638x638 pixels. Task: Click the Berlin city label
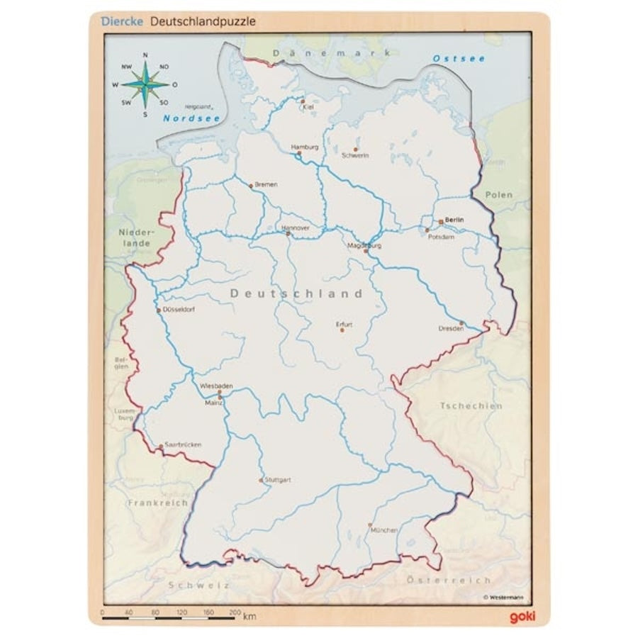[x=454, y=220]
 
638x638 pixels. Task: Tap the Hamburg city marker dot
[x=299, y=153]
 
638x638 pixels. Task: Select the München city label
[x=384, y=530]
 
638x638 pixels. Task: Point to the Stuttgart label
[x=278, y=480]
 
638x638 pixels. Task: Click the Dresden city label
[x=451, y=329]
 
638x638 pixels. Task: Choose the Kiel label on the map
[x=308, y=107]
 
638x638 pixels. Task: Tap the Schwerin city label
[x=355, y=155]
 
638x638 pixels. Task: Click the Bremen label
[x=267, y=184]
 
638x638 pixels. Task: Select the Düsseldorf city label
[x=179, y=310]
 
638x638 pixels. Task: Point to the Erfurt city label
[x=344, y=325]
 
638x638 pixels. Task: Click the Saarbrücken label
[x=182, y=444]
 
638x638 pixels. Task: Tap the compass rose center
[x=145, y=84]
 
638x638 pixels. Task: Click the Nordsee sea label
[x=191, y=118]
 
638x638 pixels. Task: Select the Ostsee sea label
[x=459, y=58]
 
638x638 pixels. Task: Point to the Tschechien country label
[x=471, y=406]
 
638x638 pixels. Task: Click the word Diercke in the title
[x=121, y=21]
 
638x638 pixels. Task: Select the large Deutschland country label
[x=296, y=293]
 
